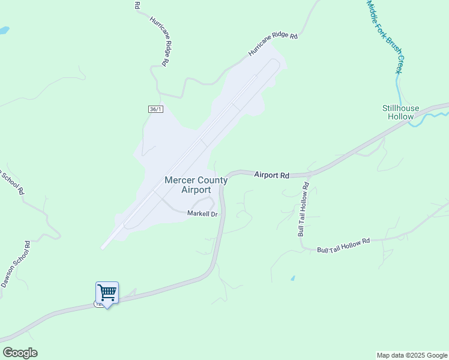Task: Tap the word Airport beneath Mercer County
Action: pyautogui.click(x=196, y=190)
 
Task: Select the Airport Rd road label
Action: pyautogui.click(x=271, y=175)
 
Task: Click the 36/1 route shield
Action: pyautogui.click(x=155, y=109)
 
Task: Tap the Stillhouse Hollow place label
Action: pyautogui.click(x=399, y=112)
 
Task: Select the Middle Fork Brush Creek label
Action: pyautogui.click(x=384, y=36)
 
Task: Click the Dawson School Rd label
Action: pyautogui.click(x=14, y=265)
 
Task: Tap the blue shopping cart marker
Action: pyautogui.click(x=107, y=293)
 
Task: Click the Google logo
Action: pyautogui.click(x=20, y=353)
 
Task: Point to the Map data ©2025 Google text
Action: pyautogui.click(x=412, y=355)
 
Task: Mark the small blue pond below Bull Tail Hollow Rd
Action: pyautogui.click(x=292, y=278)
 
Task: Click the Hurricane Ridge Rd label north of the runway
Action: pyautogui.click(x=273, y=44)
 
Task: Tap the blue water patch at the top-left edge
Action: pyautogui.click(x=3, y=29)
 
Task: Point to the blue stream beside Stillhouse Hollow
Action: pyautogui.click(x=427, y=118)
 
